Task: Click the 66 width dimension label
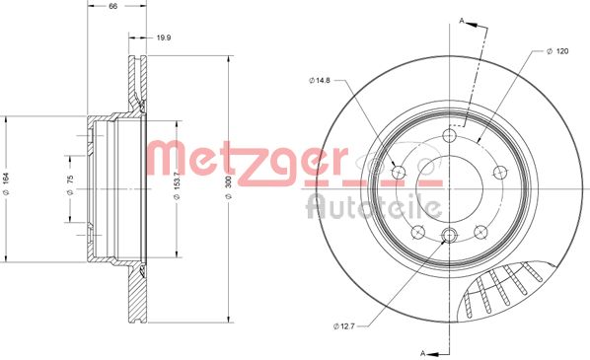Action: (112, 6)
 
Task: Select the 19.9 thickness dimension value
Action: (164, 37)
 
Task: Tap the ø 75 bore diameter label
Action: (70, 184)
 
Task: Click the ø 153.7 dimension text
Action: (178, 185)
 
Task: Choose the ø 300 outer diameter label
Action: (228, 187)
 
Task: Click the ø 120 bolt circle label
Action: (557, 51)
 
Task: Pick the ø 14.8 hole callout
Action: (319, 80)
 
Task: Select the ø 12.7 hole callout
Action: (343, 326)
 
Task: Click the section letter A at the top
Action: (462, 21)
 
